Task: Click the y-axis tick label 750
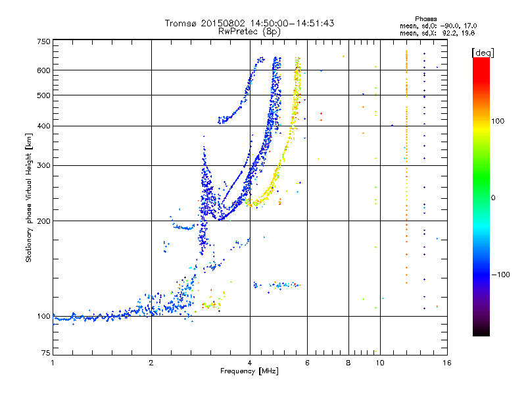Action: tap(44, 41)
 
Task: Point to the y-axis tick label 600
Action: tap(44, 70)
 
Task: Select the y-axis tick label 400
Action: tap(44, 126)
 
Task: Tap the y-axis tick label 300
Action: tap(44, 165)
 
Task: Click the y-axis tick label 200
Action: tap(44, 221)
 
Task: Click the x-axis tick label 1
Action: tap(53, 363)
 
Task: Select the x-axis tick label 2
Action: tap(151, 363)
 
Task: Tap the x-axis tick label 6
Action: tap(307, 363)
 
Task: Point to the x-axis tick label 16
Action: tap(446, 363)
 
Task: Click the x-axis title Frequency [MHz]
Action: tap(250, 372)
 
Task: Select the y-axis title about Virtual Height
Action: tap(29, 198)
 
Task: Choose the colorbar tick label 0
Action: tap(494, 197)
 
